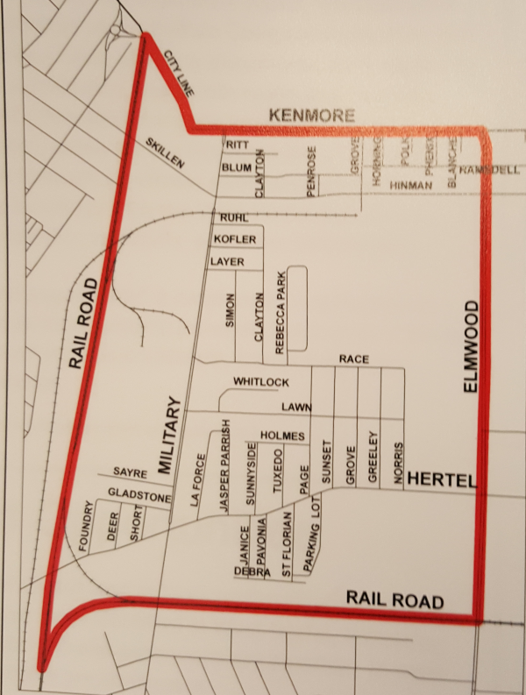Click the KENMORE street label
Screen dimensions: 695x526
312,116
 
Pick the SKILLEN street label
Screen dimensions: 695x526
166,152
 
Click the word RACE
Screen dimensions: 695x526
355,360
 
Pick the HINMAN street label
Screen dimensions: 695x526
411,186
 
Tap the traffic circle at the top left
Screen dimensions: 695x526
118,33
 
